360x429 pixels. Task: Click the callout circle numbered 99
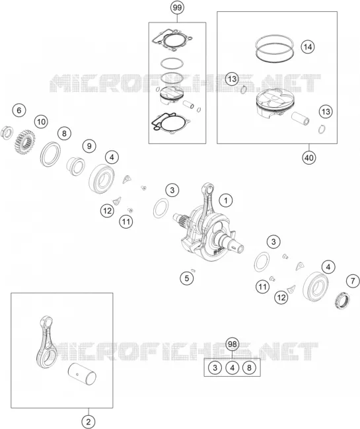177,7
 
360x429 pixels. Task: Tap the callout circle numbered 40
309,157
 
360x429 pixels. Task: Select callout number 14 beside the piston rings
308,47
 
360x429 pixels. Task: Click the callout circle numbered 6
19,110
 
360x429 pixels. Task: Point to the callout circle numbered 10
41,122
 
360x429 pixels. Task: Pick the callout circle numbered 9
89,146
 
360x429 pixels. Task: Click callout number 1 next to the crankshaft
226,200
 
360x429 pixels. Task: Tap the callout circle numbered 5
187,278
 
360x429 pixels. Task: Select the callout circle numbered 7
353,281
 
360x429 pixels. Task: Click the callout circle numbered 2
89,422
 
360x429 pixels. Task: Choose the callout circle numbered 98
232,344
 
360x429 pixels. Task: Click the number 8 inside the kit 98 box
249,368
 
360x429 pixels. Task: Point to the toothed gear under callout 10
24,141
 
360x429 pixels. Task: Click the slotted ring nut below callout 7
343,300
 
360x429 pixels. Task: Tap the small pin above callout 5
194,270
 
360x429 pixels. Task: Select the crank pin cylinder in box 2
82,372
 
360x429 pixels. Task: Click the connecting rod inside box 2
46,342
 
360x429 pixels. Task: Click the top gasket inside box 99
173,40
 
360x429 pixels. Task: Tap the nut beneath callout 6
7,132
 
